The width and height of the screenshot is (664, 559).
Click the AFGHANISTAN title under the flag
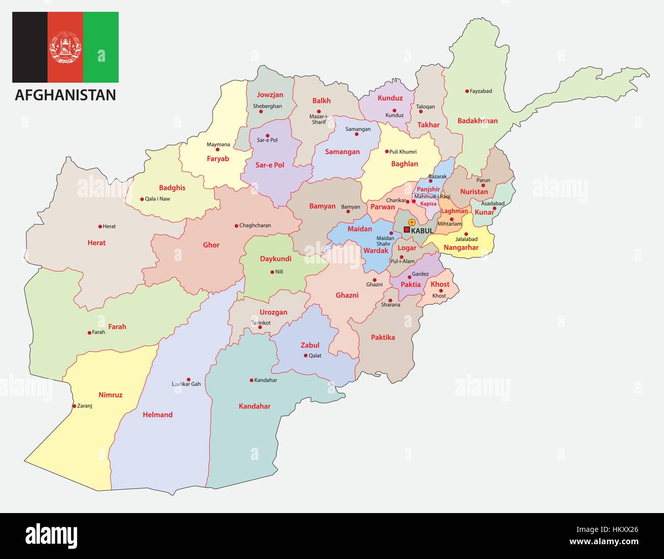pos(65,95)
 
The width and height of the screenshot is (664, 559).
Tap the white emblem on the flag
pos(65,47)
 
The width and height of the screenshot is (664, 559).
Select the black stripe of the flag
pos(30,47)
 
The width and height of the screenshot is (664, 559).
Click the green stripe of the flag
pos(101,47)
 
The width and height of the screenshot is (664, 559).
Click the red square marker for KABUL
pos(407,230)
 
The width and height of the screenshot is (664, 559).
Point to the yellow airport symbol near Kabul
pos(411,223)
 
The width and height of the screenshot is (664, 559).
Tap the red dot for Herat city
pos(100,226)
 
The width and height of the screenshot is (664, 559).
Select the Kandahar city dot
pos(251,380)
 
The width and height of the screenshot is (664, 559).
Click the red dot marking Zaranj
pos(74,406)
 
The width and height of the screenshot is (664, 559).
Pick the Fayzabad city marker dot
pos(467,91)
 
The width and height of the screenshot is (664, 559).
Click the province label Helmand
pos(158,415)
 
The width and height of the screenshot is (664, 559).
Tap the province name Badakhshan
pos(477,121)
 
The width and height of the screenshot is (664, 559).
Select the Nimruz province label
pos(110,395)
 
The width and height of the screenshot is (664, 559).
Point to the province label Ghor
pos(211,245)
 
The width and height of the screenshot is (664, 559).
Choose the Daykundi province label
pos(275,259)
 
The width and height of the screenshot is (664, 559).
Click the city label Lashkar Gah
pos(186,384)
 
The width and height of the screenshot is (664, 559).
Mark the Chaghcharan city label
pos(255,225)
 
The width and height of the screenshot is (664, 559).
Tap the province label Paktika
pos(383,337)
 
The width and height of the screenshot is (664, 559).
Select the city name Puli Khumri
pos(403,152)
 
